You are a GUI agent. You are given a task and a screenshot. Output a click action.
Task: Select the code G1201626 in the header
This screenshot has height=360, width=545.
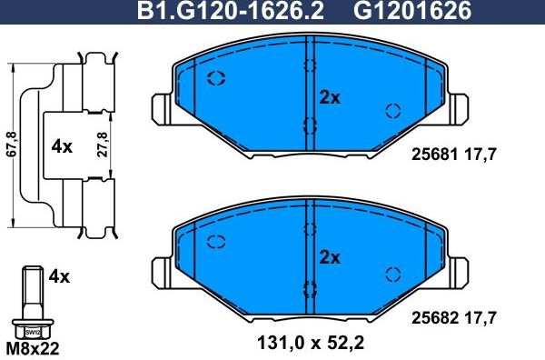click(x=400, y=12)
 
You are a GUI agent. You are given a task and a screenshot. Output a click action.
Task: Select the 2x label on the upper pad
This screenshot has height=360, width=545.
click(x=329, y=98)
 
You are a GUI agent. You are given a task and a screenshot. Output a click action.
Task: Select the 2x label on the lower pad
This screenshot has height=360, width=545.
click(x=329, y=258)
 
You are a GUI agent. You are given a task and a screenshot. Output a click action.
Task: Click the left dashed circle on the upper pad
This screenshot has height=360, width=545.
click(x=217, y=77)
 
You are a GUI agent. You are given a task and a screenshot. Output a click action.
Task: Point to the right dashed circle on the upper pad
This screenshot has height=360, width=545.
click(x=393, y=111)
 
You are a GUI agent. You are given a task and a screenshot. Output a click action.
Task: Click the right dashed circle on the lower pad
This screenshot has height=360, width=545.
click(x=393, y=274)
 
